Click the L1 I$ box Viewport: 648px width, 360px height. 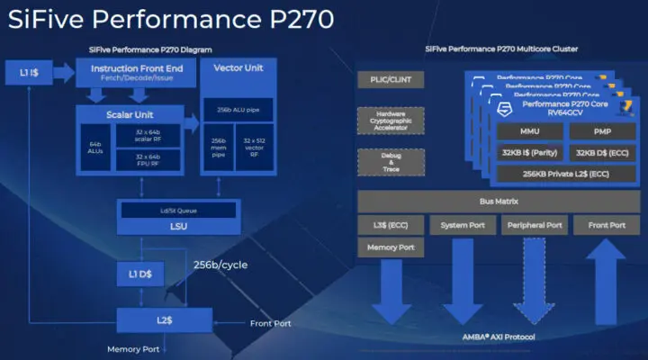tap(31, 71)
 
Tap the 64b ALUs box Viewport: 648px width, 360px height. tap(94, 147)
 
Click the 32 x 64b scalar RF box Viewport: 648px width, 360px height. tap(148, 135)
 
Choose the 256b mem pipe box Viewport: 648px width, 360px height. tap(220, 148)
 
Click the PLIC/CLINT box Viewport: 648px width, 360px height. tap(391, 80)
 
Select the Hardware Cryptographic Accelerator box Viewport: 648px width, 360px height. tap(391, 121)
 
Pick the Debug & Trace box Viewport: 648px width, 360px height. tap(391, 163)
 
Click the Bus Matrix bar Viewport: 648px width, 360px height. tap(496, 202)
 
